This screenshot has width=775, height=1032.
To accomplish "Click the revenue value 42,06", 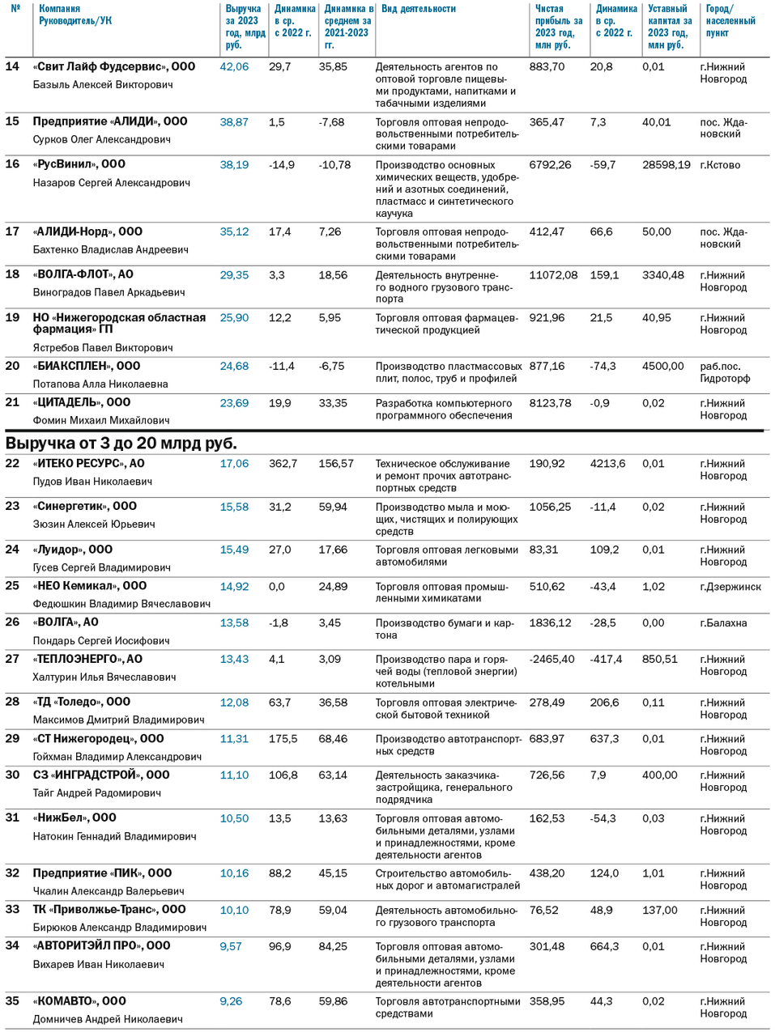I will tap(234, 67).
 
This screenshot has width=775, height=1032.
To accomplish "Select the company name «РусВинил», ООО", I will tap(79, 164).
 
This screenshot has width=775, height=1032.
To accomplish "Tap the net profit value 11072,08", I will tap(553, 275).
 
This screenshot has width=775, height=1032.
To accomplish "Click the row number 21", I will tap(12, 402).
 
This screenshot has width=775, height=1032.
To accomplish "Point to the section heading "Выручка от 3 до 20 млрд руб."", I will tap(121, 444).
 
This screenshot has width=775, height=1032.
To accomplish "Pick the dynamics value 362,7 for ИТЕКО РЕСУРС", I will tap(283, 464).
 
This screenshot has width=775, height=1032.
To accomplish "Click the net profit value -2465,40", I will tap(551, 660).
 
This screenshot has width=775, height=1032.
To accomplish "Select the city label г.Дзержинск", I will tap(730, 587).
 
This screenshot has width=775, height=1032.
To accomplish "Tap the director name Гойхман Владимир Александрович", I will tap(117, 757).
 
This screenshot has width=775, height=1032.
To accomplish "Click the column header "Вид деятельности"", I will tap(418, 9).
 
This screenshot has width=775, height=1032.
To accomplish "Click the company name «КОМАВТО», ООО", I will tap(79, 1001).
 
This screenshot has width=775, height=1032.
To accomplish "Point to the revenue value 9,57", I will tap(231, 946).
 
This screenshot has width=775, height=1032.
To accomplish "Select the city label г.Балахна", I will tap(723, 623).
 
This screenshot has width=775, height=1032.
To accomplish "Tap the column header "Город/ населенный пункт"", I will tap(730, 21).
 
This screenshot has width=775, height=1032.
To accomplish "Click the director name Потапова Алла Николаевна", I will tap(100, 384).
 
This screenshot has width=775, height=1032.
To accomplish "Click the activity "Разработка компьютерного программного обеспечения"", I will tap(443, 410).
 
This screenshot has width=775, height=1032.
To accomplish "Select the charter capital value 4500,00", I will tap(662, 367).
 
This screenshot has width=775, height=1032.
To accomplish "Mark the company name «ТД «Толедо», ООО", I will tap(82, 703).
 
